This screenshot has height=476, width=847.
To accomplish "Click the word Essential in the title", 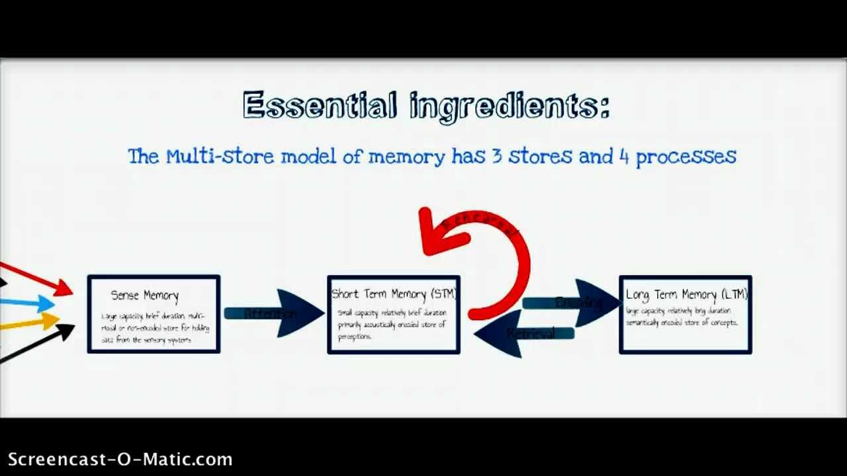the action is point(320,106).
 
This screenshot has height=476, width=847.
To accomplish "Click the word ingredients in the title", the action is point(510,107).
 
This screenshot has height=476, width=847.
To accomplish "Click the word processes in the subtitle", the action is point(686,157).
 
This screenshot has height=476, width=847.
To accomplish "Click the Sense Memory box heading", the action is point(144,296).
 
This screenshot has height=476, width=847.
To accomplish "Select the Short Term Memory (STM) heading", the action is point(394,294).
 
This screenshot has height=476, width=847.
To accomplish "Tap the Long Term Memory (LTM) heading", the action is point(686,295).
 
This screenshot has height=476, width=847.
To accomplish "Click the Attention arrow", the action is point(271,313).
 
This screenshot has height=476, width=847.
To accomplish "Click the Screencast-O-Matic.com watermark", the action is point(120,459).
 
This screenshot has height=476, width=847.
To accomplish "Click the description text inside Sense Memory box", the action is point(154,328).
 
